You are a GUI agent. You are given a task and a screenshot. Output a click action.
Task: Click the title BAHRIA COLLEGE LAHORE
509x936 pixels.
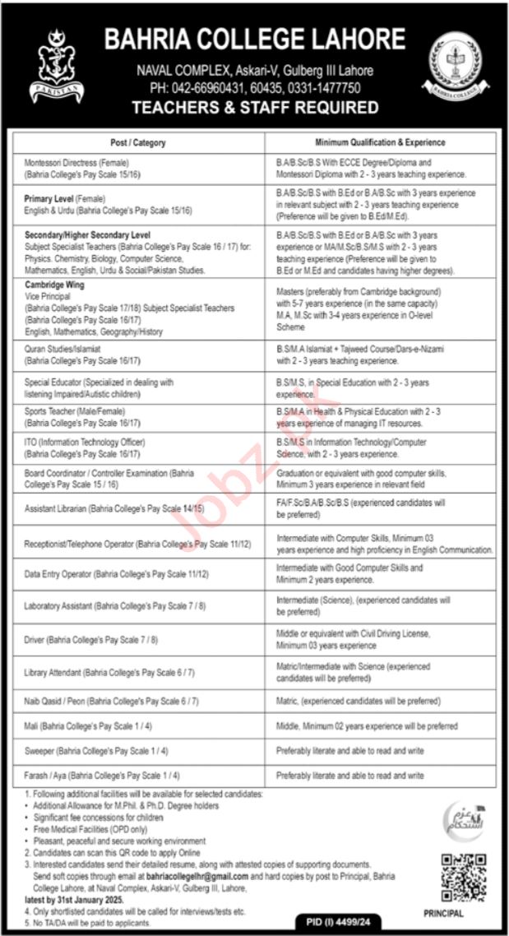(254, 39)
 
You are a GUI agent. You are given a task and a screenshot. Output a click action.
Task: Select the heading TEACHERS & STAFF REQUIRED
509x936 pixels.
(255, 107)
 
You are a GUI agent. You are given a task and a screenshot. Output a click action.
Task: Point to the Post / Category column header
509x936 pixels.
(138, 142)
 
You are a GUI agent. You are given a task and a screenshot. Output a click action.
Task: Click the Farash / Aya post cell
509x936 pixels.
(103, 775)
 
